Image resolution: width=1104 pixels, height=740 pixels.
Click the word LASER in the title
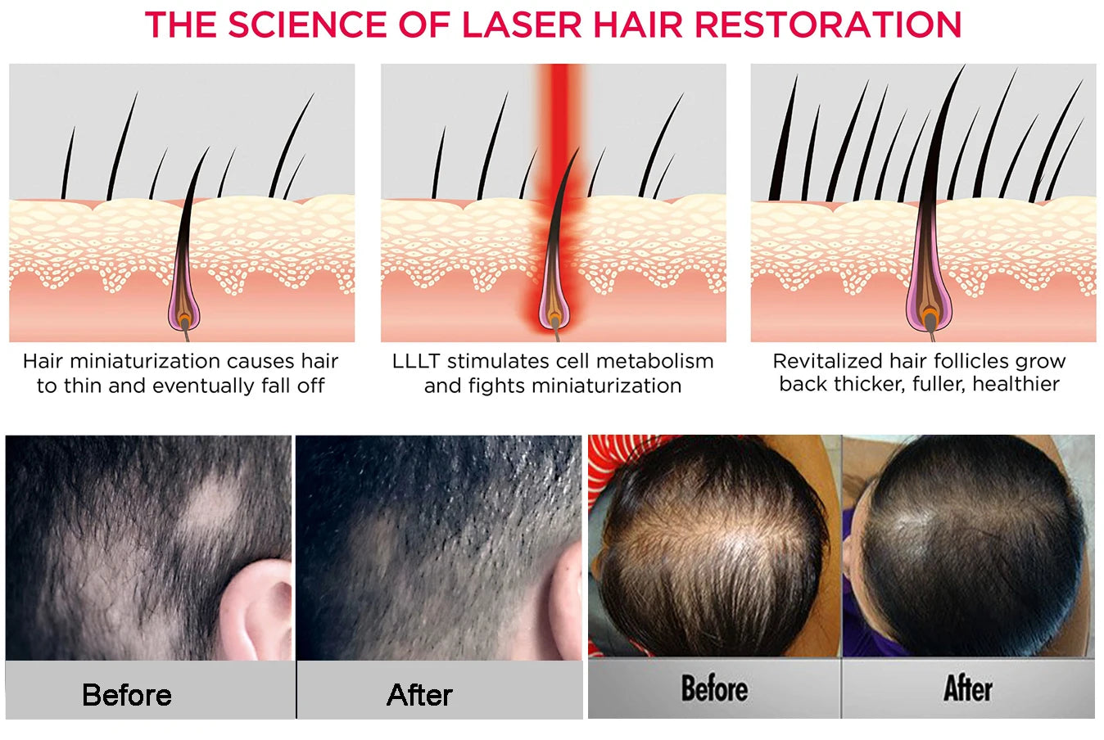point(522,25)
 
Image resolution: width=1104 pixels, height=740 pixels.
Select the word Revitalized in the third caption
point(828,361)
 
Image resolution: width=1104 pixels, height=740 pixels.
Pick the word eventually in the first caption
point(205,386)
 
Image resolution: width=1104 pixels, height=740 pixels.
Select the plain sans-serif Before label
point(127,695)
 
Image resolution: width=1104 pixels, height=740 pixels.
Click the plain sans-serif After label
point(419,695)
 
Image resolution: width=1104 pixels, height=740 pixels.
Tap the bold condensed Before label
point(714,688)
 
